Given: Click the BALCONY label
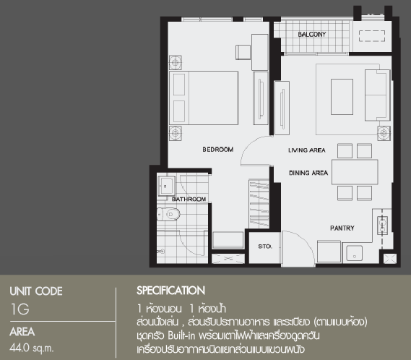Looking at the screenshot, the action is coord(311,35).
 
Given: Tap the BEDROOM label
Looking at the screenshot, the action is coord(218,150).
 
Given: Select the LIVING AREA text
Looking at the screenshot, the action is coord(307,150).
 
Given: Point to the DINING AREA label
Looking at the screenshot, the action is coord(308,173).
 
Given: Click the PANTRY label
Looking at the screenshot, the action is coord(342,228).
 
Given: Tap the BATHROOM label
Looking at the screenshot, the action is coord(189,199).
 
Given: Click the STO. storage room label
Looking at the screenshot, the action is coord(265,247).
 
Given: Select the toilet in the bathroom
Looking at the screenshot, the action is coord(168,214).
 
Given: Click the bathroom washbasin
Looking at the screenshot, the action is coord(166,186).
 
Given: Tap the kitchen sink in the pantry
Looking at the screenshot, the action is coord(355,253).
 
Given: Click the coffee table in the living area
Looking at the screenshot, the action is coord(342,97).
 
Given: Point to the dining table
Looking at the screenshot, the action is coord(355,172).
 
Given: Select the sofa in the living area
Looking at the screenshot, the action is coord(377,95).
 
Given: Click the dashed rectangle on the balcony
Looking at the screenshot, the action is coord(372,36).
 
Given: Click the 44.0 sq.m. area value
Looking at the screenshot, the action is coord(32,348).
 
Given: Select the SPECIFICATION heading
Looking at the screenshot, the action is coord(171,291).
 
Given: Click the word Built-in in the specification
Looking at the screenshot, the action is coord(181,335).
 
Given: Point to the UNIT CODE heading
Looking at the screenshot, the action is coord(36,291).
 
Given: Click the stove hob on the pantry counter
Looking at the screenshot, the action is coord(382,225).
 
